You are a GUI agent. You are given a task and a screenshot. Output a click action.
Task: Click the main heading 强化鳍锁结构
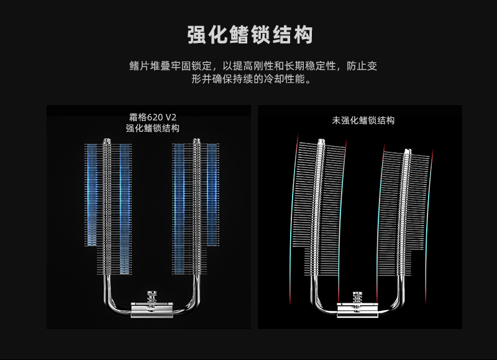click(250, 35)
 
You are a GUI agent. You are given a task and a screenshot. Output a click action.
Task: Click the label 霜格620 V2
click(152, 118)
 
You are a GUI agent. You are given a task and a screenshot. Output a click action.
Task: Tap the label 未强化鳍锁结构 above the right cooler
click(363, 121)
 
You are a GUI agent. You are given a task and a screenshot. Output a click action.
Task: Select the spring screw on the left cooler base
click(152, 300)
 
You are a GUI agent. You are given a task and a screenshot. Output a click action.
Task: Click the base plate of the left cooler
click(152, 310)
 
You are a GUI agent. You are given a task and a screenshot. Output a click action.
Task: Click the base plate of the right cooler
click(357, 310)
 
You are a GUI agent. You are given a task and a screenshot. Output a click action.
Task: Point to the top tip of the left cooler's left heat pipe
click(107, 139)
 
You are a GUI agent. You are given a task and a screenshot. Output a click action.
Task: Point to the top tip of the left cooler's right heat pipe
click(196, 139)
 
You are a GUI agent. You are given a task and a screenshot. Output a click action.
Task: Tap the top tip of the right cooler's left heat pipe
click(321, 140)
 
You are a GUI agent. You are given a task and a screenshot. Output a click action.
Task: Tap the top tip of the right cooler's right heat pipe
click(408, 150)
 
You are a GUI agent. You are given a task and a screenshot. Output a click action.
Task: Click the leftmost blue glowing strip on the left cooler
click(92, 195)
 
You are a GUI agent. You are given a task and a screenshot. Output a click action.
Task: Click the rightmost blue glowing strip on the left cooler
click(212, 194)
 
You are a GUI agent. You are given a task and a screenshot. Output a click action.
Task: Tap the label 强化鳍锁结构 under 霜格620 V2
click(152, 129)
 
